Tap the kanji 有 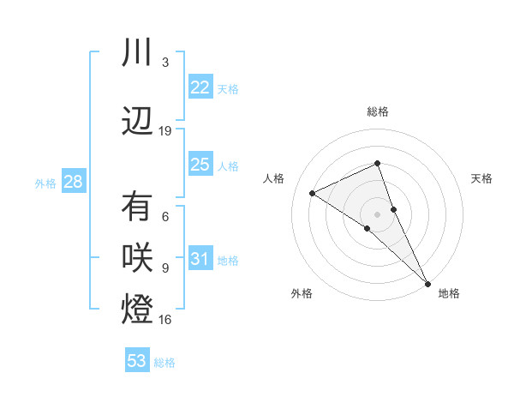coord(137,208)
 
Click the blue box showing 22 coord(200,87)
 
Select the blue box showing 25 coord(200,165)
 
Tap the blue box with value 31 coord(200,259)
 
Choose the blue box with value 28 coord(73,182)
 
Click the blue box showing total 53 coord(137,360)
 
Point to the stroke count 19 coord(165,130)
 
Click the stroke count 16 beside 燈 coord(165,320)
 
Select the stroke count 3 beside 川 coord(165,63)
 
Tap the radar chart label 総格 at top coord(377,111)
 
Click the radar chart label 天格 coord(481,178)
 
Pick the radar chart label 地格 coord(449,293)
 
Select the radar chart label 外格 coord(302,293)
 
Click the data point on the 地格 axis coord(427,283)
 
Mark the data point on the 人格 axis coord(313,193)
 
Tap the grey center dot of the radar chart coord(377,214)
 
